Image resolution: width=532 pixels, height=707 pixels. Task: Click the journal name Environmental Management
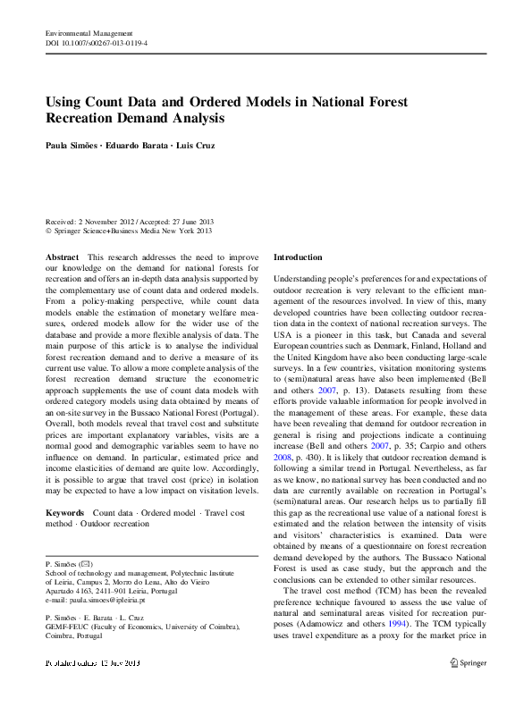[82, 32]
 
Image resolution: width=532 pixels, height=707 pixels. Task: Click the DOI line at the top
[97, 42]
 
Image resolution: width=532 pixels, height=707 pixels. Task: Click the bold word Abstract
[62, 257]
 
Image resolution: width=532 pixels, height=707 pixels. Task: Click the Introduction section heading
[297, 257]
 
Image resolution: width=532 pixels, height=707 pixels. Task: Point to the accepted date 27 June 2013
[187, 222]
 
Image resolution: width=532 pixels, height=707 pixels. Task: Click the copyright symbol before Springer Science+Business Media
[48, 231]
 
